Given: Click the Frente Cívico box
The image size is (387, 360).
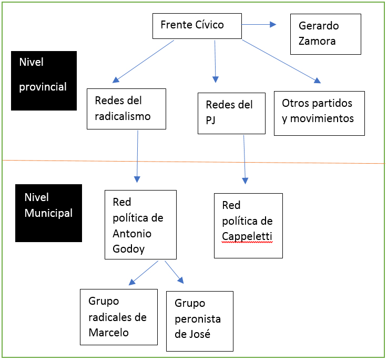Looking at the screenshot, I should [197, 26].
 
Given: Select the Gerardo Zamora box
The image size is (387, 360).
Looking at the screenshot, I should [325, 34].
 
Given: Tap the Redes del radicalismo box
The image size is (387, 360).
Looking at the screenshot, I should [126, 108].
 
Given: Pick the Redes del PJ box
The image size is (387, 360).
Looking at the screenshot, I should [231, 113].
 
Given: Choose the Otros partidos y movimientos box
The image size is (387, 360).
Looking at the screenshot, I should [319, 113].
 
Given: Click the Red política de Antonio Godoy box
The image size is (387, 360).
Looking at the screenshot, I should [140, 225].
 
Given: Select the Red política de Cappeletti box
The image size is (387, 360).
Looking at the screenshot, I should [248, 225].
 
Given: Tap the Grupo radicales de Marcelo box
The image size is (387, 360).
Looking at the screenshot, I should [118, 317].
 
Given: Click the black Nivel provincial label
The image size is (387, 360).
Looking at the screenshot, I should [44, 80].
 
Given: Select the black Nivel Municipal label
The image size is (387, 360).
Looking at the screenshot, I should [48, 213].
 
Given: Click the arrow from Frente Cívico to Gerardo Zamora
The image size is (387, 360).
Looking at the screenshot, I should [259, 24].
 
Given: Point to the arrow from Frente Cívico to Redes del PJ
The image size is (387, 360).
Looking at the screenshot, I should [215, 61].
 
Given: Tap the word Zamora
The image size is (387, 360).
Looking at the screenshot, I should [317, 41].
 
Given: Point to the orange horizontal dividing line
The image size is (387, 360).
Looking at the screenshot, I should [193, 162].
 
